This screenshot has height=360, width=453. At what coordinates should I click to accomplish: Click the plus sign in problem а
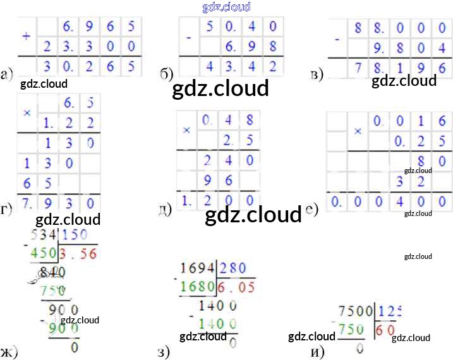click(x=26, y=35)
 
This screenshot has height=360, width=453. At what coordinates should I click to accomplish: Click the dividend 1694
click(x=197, y=268)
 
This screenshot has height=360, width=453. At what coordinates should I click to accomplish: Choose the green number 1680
click(x=197, y=286)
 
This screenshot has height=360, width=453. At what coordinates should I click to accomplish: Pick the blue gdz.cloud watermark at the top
click(x=226, y=8)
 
